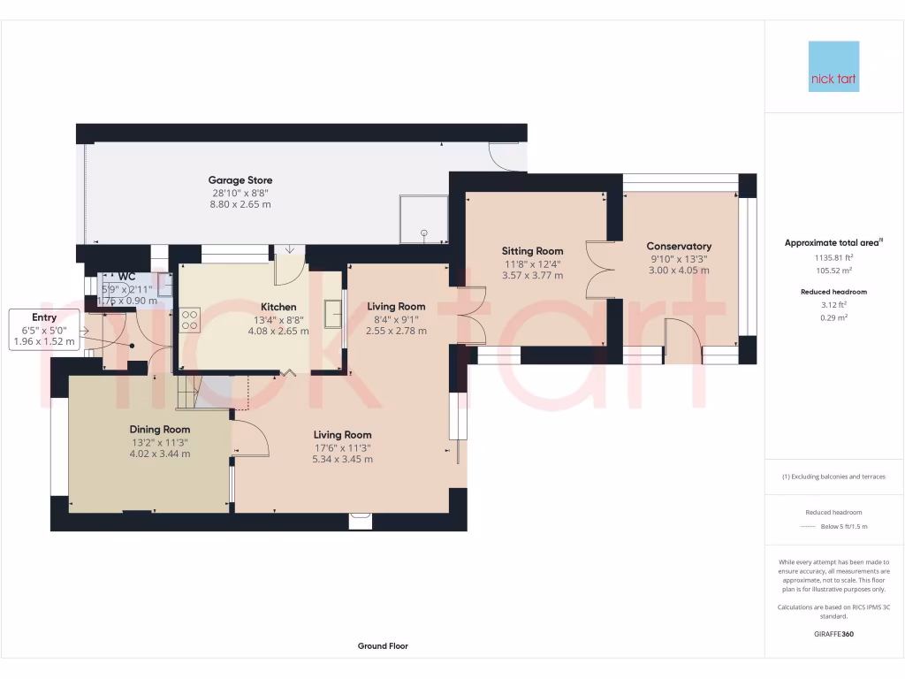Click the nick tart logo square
click(x=833, y=66)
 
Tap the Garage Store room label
click(x=240, y=179)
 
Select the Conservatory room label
click(x=679, y=246)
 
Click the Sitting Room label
click(x=533, y=251)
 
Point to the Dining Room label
click(x=160, y=429)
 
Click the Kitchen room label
click(x=278, y=307)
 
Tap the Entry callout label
click(x=44, y=317)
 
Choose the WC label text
click(x=126, y=277)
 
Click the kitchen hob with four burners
click(x=189, y=320)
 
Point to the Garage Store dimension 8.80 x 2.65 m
click(x=240, y=204)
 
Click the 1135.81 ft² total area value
click(x=833, y=259)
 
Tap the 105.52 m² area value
click(x=833, y=271)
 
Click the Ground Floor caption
click(x=383, y=646)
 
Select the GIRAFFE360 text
click(x=833, y=634)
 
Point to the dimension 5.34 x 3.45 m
click(x=342, y=459)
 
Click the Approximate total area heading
click(x=832, y=242)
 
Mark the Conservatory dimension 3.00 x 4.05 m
click(x=679, y=271)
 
